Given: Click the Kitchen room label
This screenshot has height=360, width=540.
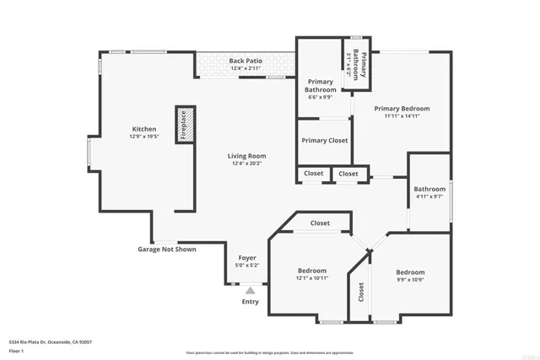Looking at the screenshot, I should click(x=143, y=129).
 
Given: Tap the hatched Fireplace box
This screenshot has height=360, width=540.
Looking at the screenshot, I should click(x=184, y=126).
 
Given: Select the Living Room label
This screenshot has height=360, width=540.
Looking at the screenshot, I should click(x=246, y=156).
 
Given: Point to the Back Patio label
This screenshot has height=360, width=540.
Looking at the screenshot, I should click(x=246, y=62).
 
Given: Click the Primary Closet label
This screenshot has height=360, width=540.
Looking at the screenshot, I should click(x=325, y=141).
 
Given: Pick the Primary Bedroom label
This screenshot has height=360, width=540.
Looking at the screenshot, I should click(x=402, y=109).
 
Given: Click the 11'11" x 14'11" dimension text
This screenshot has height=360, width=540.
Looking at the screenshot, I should click(x=402, y=116).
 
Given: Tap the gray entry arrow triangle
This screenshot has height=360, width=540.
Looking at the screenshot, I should click(x=250, y=291).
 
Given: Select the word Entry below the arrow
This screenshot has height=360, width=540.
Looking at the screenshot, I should click(x=251, y=302).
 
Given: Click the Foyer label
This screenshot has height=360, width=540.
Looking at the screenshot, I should click(x=246, y=258).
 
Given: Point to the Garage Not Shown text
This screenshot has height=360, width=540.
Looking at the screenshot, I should click(x=166, y=250).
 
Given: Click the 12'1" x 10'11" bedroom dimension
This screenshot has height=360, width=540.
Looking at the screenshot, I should click(x=312, y=277).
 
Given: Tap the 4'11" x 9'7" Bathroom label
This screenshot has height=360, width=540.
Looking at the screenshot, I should click(x=429, y=193).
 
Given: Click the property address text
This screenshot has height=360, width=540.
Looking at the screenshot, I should click(x=50, y=342).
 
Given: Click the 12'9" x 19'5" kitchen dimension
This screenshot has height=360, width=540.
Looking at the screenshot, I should click(x=143, y=136).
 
